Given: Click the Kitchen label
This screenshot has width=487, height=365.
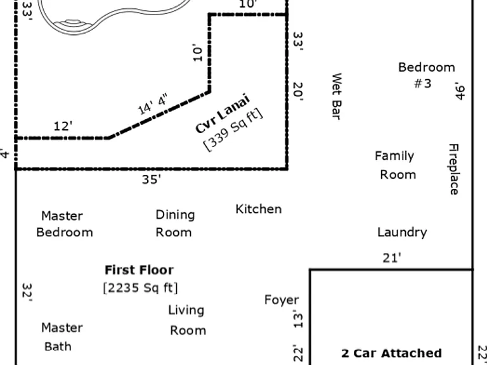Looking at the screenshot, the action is point(259,209).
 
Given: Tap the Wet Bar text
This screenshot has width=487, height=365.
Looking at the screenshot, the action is point(337,96).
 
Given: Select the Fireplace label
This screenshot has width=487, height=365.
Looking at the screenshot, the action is point(453,169).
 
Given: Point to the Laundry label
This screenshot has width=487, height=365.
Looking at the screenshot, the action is point(402,233).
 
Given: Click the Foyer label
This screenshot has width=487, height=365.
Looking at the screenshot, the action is point(282,300).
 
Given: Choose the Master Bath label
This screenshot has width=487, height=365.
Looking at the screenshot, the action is point(62,337).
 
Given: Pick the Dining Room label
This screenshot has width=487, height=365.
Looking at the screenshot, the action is point(175,224).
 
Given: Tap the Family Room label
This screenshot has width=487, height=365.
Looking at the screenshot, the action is point(396,165).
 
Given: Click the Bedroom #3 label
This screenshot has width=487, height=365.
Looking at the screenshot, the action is point(426,75).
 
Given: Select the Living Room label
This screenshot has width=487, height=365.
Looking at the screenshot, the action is point(187,320).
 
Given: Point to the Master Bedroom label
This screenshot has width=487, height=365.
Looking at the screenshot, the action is point(64,224).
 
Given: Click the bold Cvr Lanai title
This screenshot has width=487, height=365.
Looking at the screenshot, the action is point(223,113).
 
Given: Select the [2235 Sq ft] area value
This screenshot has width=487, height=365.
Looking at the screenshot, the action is point(140,288).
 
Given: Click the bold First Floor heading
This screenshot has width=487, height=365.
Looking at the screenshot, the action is point(139,270).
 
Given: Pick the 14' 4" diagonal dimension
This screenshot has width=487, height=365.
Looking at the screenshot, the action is point(153,104).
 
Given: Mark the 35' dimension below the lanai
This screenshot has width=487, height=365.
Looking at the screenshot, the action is point(152,179).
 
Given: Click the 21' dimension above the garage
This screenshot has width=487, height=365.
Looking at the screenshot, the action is point(392,258).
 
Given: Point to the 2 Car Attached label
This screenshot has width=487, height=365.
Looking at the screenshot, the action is point(391,353).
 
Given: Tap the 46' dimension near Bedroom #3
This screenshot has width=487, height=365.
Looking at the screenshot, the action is point(461,91).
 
